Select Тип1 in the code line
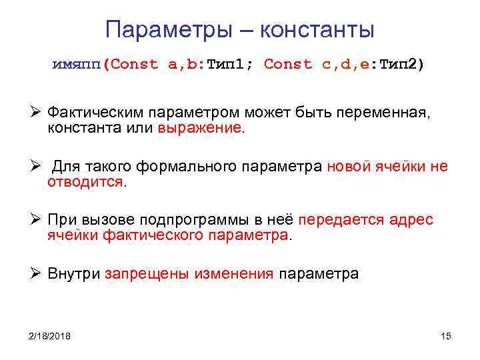pyautogui.click(x=227, y=65)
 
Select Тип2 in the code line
pyautogui.click(x=398, y=65)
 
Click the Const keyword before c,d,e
pyautogui.click(x=288, y=65)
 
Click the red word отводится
pyautogui.click(x=85, y=181)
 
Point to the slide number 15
pyautogui.click(x=446, y=336)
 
